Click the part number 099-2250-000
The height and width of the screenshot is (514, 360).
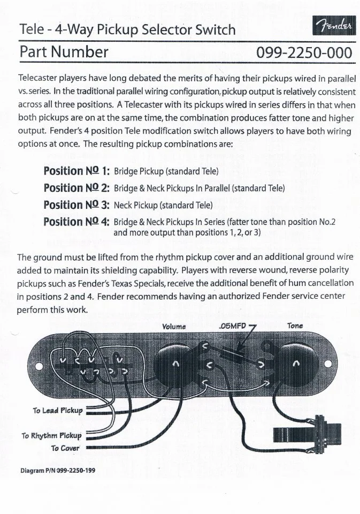point(304,53)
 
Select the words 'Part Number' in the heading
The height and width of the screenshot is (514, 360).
point(64,52)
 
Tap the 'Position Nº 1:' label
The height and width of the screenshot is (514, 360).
point(76,171)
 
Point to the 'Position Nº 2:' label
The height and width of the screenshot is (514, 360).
point(76,188)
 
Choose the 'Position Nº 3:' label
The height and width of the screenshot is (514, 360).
point(76,205)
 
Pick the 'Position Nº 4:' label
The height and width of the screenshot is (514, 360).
point(76,222)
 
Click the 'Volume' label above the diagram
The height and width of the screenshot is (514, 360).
point(174,326)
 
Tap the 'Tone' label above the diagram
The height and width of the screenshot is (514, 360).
point(295,326)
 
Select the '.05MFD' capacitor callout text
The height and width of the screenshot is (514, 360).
point(232,326)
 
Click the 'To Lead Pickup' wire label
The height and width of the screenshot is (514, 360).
point(58,411)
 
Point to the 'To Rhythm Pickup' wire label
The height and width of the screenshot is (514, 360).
point(51,435)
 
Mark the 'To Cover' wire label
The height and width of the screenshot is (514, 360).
point(65,448)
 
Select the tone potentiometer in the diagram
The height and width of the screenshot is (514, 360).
point(296,365)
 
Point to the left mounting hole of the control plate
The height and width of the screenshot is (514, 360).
point(39,367)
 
